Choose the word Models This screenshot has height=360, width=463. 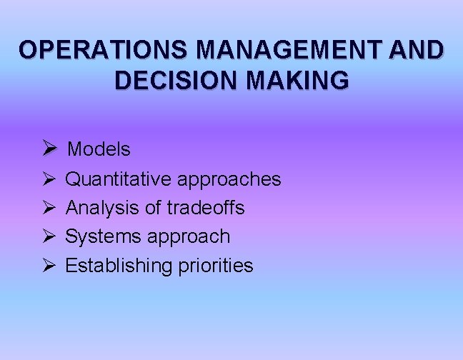tap(99, 149)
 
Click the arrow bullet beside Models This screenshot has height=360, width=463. tap(49, 149)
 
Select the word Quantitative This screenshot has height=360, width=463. tap(119, 179)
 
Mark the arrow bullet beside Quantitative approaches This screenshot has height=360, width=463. tap(49, 179)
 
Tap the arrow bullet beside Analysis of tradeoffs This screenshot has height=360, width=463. tap(49, 207)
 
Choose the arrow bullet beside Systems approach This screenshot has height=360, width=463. tap(49, 236)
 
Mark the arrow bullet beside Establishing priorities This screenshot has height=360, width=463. tap(49, 265)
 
